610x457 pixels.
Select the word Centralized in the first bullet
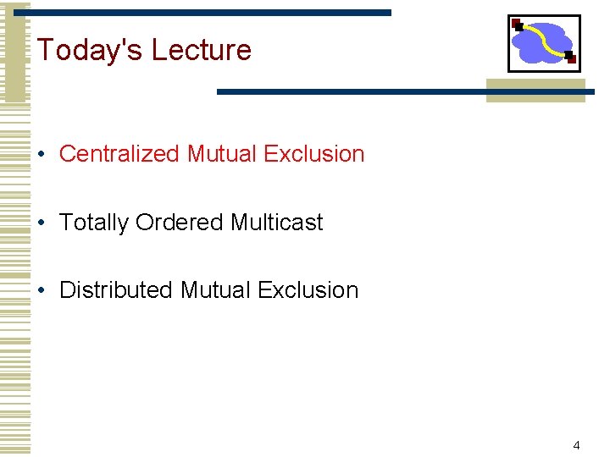coord(119,154)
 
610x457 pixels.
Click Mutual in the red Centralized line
coord(222,154)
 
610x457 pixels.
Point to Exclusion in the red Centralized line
coord(313,154)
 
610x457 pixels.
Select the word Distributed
coord(116,290)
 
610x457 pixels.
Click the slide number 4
coord(576,445)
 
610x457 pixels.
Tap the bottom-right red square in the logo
coord(570,58)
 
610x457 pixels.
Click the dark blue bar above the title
coord(212,13)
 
